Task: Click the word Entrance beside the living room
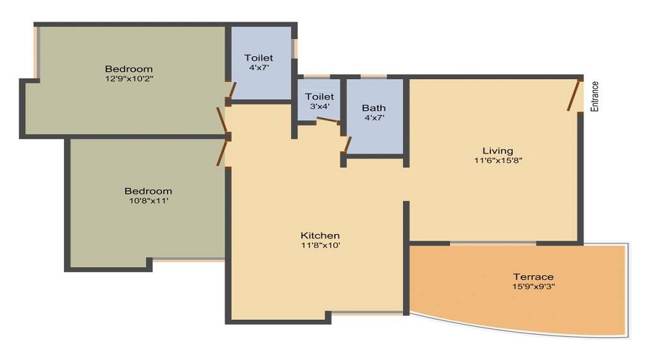click(x=595, y=95)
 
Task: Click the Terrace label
click(x=533, y=276)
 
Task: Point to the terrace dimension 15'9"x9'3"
click(x=533, y=287)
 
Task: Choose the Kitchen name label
click(x=320, y=235)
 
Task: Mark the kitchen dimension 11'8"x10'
click(x=320, y=246)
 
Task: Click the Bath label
click(x=374, y=108)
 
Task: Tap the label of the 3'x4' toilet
click(x=319, y=96)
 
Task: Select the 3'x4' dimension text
click(x=319, y=107)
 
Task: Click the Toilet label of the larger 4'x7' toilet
click(x=258, y=58)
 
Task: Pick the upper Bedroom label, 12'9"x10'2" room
click(x=129, y=68)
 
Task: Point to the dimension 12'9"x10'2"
click(x=129, y=78)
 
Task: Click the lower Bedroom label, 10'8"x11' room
click(x=148, y=191)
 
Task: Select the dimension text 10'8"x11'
click(x=148, y=201)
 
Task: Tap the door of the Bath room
click(x=347, y=144)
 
